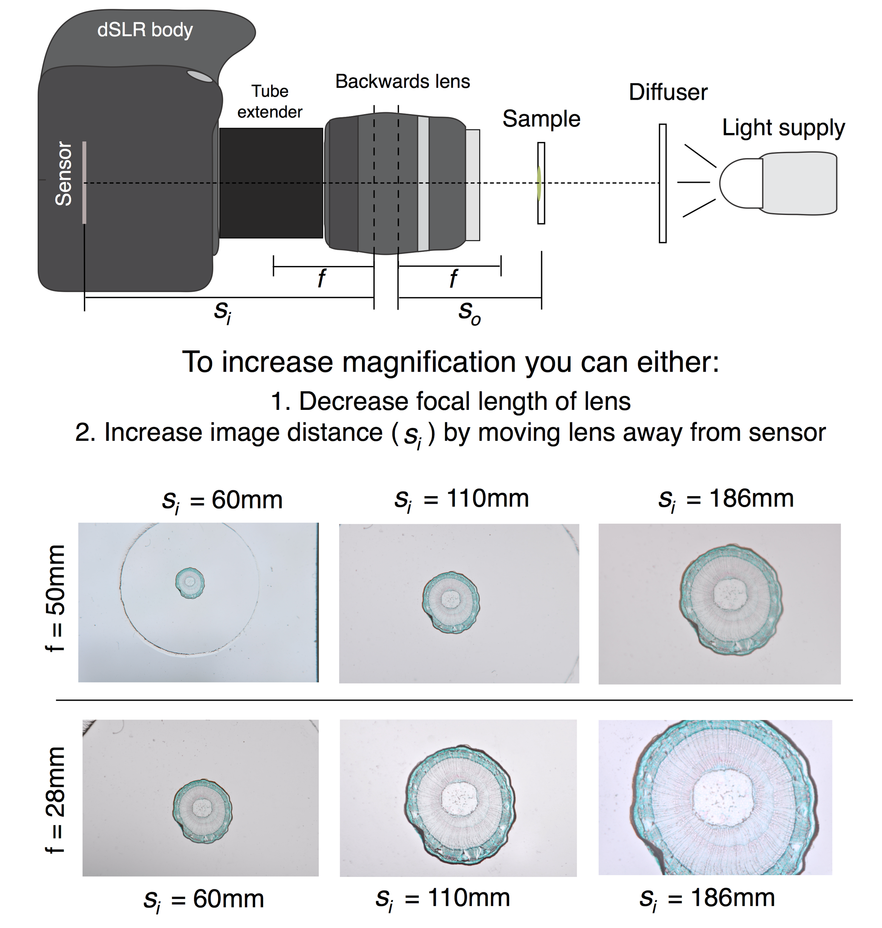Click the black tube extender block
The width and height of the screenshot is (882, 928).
tap(271, 183)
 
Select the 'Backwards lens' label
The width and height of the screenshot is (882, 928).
tap(402, 82)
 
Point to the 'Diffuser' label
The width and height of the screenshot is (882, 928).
tap(668, 92)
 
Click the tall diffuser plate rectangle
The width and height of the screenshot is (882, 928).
tap(662, 183)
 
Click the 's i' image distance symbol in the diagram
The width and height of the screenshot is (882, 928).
tap(222, 312)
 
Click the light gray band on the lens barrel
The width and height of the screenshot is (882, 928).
tap(423, 183)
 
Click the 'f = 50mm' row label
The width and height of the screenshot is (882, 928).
tap(55, 598)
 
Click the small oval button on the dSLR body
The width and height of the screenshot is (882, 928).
tap(200, 76)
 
